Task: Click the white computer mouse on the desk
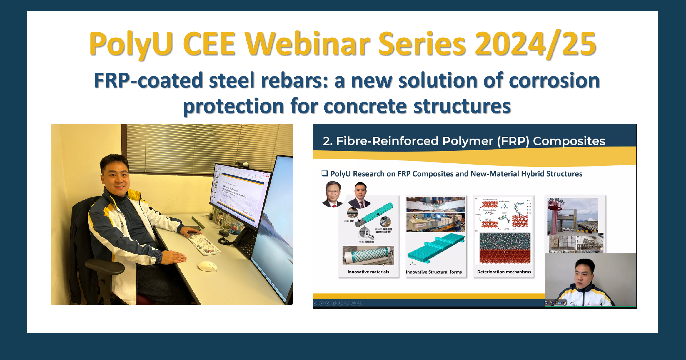(x=208, y=266)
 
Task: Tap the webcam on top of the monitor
(x=242, y=165)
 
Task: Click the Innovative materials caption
(x=368, y=272)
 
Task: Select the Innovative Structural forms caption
(x=434, y=272)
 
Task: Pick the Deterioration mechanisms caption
(x=504, y=272)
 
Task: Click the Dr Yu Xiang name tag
(x=555, y=302)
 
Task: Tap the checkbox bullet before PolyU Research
(x=325, y=173)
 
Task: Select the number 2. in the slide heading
(x=328, y=141)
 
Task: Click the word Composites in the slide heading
(x=569, y=141)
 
